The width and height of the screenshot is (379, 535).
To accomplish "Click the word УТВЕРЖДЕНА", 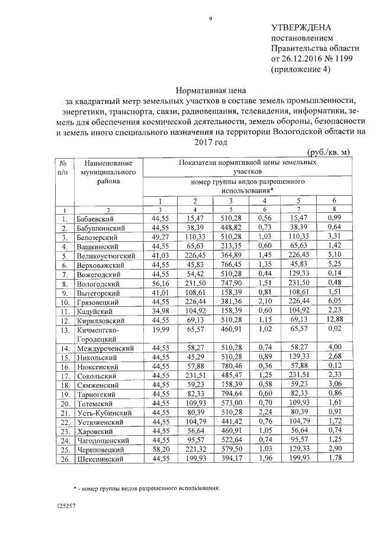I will click(301, 28).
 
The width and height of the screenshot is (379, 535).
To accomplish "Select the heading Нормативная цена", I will click(210, 90).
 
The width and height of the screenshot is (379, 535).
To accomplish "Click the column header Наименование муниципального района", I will click(108, 171).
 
